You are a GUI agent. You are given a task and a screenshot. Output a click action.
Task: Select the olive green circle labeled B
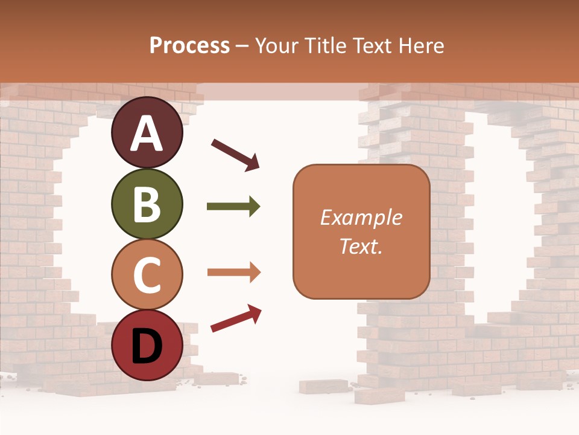pyautogui.click(x=147, y=204)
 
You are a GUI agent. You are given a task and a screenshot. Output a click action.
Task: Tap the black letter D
pyautogui.click(x=147, y=347)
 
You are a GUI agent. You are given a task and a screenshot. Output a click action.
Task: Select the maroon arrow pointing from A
pyautogui.click(x=235, y=154)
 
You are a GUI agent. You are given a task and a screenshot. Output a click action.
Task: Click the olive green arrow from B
pyautogui.click(x=233, y=207)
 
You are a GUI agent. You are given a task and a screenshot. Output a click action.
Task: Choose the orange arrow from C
pyautogui.click(x=233, y=272)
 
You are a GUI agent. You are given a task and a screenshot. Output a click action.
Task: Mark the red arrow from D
pyautogui.click(x=236, y=318)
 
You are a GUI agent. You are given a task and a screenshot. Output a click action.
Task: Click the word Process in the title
pyautogui.click(x=189, y=46)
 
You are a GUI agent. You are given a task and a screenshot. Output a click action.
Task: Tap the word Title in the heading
pyautogui.click(x=325, y=46)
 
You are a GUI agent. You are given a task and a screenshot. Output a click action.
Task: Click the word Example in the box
pyautogui.click(x=361, y=217)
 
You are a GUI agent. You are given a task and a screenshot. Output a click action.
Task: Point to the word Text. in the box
pyautogui.click(x=361, y=246)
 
